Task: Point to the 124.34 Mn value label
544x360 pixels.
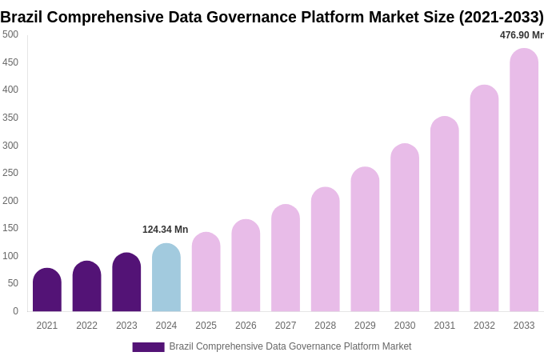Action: (165, 230)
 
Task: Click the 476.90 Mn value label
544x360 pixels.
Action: (521, 35)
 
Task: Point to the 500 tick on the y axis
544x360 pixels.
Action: (10, 34)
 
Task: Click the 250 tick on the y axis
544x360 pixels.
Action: (10, 173)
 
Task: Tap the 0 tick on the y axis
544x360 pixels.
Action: (15, 311)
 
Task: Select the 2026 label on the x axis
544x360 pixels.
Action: (246, 326)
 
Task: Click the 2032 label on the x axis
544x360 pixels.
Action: (484, 326)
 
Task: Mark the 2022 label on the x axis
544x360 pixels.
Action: (86, 326)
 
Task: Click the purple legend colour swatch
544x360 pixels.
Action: (148, 346)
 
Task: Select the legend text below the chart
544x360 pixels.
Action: (290, 346)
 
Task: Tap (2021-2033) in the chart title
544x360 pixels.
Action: (501, 17)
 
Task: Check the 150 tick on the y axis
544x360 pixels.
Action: (10, 228)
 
